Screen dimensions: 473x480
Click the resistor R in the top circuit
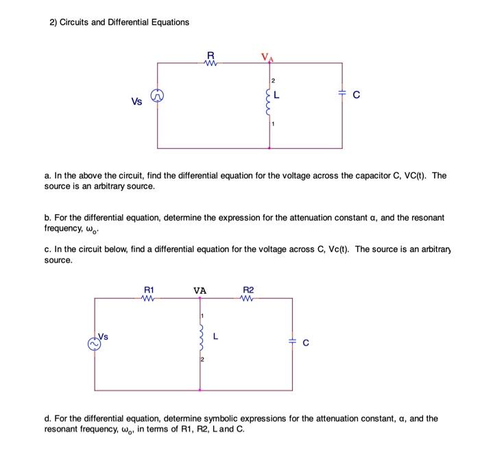(211, 63)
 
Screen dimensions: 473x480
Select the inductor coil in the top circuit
(269, 103)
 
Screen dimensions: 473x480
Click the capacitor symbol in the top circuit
(342, 97)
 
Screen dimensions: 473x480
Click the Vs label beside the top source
(137, 102)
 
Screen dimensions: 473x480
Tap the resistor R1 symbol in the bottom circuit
(148, 299)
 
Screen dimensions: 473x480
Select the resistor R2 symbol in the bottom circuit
(248, 299)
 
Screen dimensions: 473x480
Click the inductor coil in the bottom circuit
(200, 337)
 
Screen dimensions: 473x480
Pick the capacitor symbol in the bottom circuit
(293, 341)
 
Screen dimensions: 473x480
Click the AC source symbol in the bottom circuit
(93, 343)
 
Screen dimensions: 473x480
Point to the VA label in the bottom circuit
(200, 291)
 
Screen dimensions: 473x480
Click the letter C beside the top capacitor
(356, 96)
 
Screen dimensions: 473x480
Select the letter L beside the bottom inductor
(216, 336)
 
